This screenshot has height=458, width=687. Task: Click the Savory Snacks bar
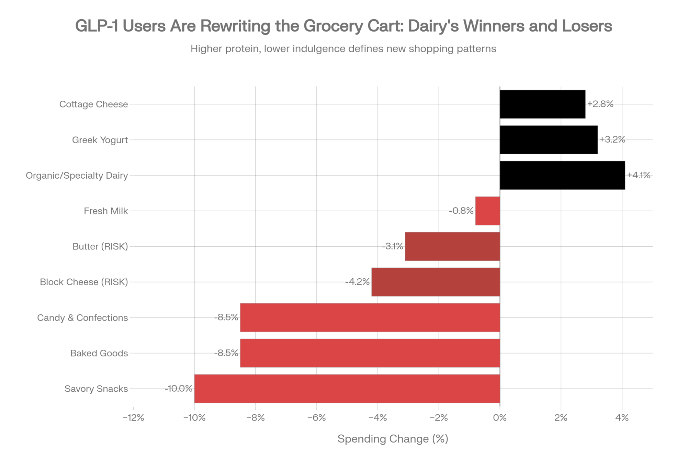pos(347,389)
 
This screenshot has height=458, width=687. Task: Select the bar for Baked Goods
pos(370,353)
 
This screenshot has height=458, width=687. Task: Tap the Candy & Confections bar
pos(370,317)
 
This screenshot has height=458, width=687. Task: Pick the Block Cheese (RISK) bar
pos(435,282)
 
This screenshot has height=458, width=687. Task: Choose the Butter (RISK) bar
pos(452,246)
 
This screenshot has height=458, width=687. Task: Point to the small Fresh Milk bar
pos(487,211)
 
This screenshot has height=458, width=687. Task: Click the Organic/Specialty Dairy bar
pos(562,175)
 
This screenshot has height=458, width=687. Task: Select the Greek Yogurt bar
pos(549,140)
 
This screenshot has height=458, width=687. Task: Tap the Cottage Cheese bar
pos(542,104)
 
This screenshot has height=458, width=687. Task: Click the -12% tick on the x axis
pos(134,418)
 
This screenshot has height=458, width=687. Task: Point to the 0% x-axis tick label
pos(500,418)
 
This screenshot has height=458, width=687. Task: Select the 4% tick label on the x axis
pos(622,418)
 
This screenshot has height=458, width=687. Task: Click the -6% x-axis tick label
pos(317,418)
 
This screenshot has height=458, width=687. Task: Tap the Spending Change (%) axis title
pos(393,439)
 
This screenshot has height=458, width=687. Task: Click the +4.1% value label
pos(639,175)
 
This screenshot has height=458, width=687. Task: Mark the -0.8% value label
pos(461,211)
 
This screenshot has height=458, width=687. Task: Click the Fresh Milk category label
pos(106,211)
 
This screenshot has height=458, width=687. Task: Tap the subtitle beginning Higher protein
pos(343,49)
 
